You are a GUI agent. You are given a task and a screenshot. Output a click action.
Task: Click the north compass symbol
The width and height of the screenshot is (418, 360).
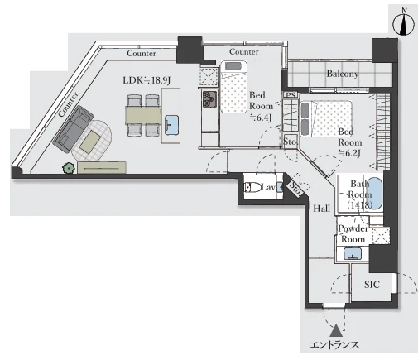coord(404,25)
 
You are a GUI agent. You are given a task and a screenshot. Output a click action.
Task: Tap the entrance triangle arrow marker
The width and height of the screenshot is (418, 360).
coord(336,331)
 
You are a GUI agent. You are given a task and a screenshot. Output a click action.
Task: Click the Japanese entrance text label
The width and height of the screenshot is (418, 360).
coord(334,345)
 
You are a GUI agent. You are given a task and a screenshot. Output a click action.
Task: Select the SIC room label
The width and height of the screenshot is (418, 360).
coord(372,285)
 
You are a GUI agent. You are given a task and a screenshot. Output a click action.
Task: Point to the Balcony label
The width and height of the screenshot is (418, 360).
coord(343,74)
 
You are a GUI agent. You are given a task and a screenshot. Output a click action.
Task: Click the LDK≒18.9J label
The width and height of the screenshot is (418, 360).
coord(147,80)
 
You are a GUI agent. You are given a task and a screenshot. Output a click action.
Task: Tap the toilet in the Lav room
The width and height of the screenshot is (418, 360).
coord(252,188)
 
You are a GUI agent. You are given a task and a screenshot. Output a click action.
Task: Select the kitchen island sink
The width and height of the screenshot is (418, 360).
coord(171,125)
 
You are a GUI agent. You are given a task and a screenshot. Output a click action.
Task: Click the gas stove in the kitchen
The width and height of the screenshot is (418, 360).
coord(209,99)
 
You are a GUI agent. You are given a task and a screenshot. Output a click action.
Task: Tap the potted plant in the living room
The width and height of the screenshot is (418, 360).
coord(69,168)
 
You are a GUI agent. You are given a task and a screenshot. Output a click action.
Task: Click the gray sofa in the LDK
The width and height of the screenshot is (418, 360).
coord(73,129)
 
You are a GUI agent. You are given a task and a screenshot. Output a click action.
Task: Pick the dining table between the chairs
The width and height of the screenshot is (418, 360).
coord(143,115)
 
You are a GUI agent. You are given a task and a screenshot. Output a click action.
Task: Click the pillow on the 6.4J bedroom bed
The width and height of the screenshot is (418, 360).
coord(233,66)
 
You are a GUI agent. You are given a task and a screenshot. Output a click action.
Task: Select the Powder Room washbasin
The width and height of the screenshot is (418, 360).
coord(353,254)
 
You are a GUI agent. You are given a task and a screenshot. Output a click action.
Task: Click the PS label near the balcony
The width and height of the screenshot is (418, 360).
coord(291,95)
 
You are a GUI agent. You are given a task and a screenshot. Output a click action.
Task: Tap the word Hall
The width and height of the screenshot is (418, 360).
coord(321,209)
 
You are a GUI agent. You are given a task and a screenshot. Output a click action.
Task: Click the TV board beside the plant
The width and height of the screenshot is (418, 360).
coord(102,167)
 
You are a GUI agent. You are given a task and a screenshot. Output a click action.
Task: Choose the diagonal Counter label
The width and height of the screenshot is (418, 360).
coord(68,104)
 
